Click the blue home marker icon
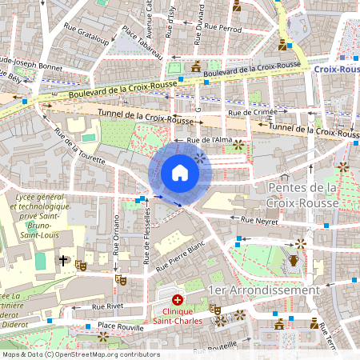pyautogui.click(x=180, y=173)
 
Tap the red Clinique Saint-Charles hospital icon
pyautogui.click(x=177, y=298)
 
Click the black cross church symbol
pyautogui.click(x=63, y=261)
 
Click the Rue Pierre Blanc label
pyautogui.click(x=181, y=254)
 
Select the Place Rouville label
pyautogui.click(x=122, y=326)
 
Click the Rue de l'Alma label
pyautogui.click(x=209, y=140)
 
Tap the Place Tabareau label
pyautogui.click(x=143, y=44)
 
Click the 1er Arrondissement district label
pyautogui.click(x=263, y=290)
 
